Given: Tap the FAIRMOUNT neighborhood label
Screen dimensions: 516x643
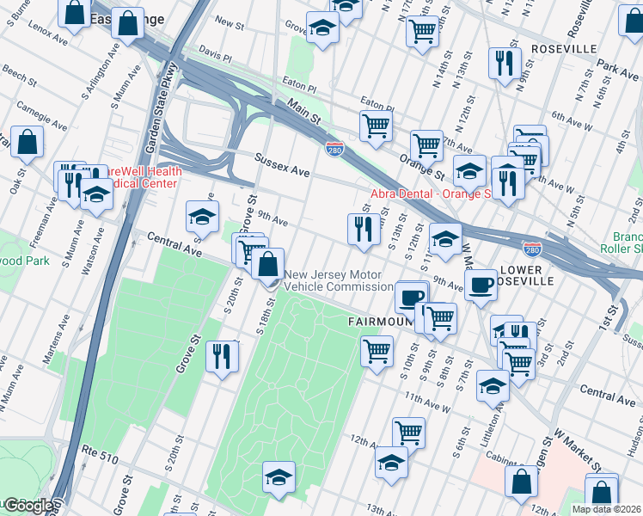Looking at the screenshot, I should pyautogui.click(x=374, y=321).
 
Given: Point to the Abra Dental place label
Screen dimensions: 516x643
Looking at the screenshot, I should pyautogui.click(x=429, y=193).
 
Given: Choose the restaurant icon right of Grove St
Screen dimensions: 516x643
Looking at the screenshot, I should pyautogui.click(x=222, y=354).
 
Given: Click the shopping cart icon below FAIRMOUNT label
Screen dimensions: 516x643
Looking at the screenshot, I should pyautogui.click(x=377, y=351).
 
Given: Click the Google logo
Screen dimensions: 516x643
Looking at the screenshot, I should pyautogui.click(x=28, y=506).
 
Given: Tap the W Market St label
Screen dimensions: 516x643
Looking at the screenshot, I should pyautogui.click(x=579, y=452).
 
